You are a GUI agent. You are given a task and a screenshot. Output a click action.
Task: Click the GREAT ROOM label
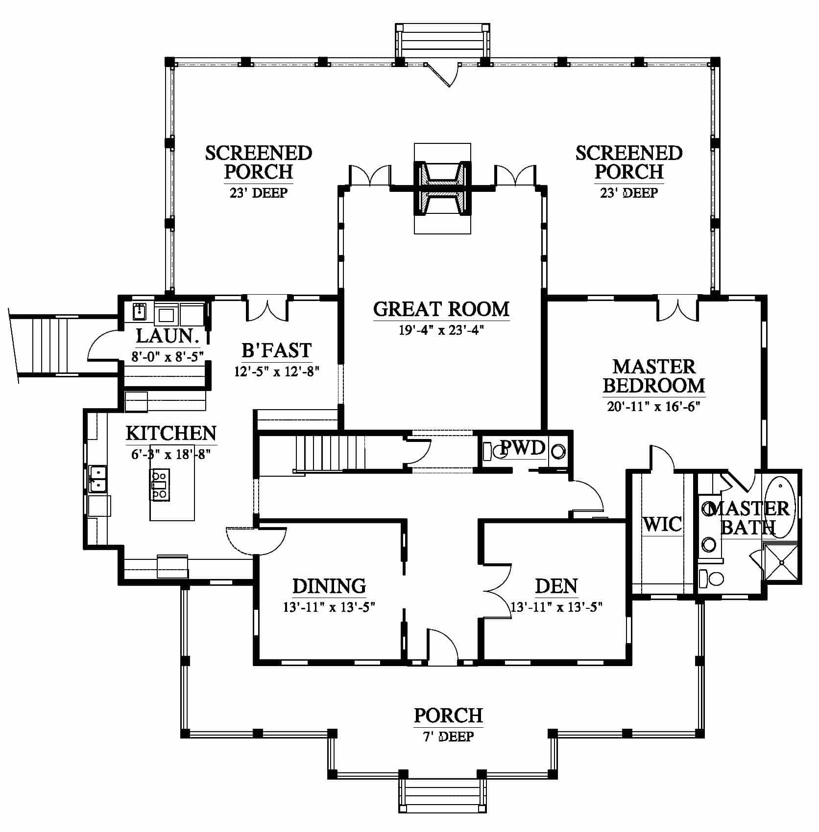pyautogui.click(x=441, y=309)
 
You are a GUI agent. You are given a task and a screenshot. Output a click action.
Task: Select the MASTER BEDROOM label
pyautogui.click(x=654, y=375)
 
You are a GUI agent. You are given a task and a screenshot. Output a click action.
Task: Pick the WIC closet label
pyautogui.click(x=662, y=524)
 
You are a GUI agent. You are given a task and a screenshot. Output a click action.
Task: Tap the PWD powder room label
pyautogui.click(x=522, y=448)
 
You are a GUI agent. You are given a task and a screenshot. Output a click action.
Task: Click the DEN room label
pyautogui.click(x=556, y=586)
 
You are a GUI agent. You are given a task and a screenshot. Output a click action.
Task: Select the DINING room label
pyautogui.click(x=329, y=586)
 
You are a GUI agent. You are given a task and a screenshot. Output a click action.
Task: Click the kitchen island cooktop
pyautogui.click(x=160, y=485)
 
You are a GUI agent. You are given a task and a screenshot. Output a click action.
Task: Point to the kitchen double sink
pyautogui.click(x=98, y=478)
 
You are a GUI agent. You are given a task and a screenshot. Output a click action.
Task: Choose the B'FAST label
pyautogui.click(x=277, y=350)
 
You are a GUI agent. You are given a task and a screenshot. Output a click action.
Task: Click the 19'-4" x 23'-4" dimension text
pyautogui.click(x=441, y=330)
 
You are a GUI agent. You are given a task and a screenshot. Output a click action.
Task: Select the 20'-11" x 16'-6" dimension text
pyautogui.click(x=653, y=406)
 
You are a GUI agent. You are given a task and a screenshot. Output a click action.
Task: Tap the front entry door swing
pyautogui.click(x=442, y=645)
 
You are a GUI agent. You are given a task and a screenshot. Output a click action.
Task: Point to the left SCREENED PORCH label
pyautogui.click(x=259, y=162)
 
